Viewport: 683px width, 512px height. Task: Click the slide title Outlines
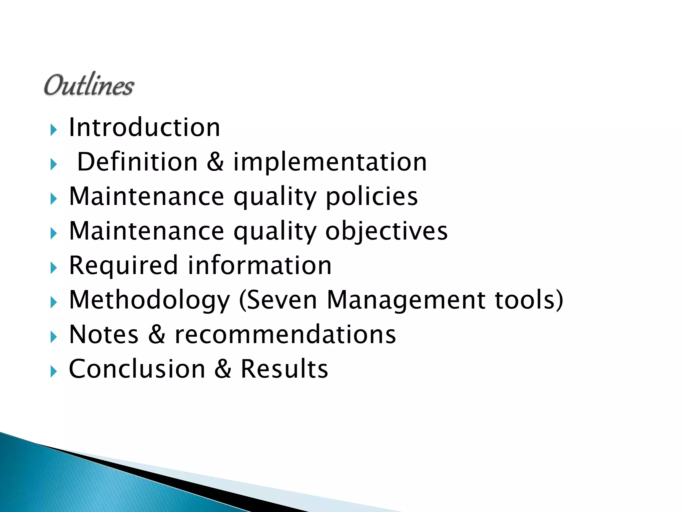(89, 85)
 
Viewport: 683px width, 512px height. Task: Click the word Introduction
(144, 127)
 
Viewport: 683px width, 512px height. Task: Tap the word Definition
(137, 162)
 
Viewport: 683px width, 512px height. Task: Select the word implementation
(330, 162)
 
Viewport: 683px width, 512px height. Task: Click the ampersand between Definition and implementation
(215, 162)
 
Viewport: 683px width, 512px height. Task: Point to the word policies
(372, 197)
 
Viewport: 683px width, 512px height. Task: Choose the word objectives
(386, 231)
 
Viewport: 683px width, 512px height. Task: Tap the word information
(260, 266)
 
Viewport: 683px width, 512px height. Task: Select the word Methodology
(149, 300)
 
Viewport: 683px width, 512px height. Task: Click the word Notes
(104, 334)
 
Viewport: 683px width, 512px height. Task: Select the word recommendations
(285, 334)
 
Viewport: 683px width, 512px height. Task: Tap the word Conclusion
(137, 369)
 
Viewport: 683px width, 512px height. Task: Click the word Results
(284, 369)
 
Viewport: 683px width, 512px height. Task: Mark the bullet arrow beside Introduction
(54, 130)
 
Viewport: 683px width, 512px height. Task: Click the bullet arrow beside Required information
(54, 268)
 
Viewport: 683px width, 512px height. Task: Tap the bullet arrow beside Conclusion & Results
(54, 371)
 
